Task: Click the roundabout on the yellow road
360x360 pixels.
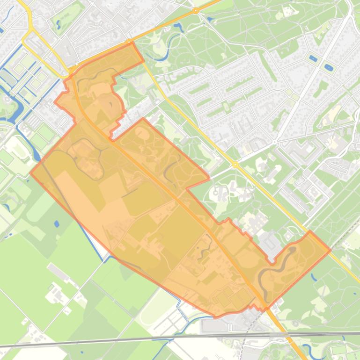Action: pos(235,165)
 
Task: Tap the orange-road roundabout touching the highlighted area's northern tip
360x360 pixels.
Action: pos(129,43)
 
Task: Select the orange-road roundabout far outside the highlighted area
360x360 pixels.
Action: pos(196,10)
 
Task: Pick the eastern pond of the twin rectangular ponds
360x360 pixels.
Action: pos(329,68)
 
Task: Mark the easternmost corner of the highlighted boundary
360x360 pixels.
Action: pos(331,250)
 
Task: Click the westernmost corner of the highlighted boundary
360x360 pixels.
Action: pos(30,173)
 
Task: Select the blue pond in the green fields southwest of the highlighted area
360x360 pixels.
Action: pos(57,224)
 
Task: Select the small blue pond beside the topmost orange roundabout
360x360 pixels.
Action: pos(210,19)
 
